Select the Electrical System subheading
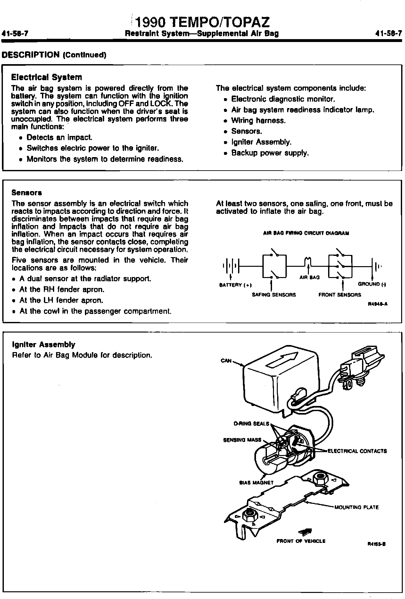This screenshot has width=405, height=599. pyautogui.click(x=46, y=77)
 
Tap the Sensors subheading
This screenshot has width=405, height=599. pyautogui.click(x=27, y=193)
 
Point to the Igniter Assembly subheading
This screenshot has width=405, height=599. pyautogui.click(x=44, y=345)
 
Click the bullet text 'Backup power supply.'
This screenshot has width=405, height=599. pyautogui.click(x=270, y=153)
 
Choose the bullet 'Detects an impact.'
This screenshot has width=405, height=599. pyautogui.click(x=60, y=138)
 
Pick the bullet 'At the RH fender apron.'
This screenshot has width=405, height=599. pyautogui.click(x=62, y=290)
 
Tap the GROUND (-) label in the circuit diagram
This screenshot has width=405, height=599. pyautogui.click(x=372, y=284)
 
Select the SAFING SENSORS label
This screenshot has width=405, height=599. pyautogui.click(x=274, y=295)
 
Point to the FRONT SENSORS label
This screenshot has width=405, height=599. pyautogui.click(x=340, y=295)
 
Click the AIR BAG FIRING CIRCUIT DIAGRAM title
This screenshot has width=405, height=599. pyautogui.click(x=306, y=233)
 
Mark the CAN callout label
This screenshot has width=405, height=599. pyautogui.click(x=226, y=361)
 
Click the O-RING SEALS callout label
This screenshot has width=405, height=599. pyautogui.click(x=252, y=424)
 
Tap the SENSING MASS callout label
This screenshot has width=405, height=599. pyautogui.click(x=242, y=440)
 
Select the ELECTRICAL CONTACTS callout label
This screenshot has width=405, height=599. pyautogui.click(x=357, y=451)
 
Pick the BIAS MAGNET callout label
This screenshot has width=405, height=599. pyautogui.click(x=256, y=483)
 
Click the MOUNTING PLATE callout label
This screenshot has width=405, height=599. pyautogui.click(x=356, y=507)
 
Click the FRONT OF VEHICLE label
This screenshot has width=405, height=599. pyautogui.click(x=301, y=541)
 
